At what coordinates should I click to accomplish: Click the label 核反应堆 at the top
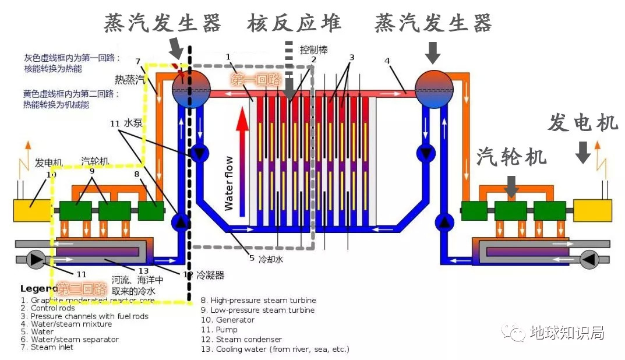point(294,23)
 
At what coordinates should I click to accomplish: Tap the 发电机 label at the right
point(582,123)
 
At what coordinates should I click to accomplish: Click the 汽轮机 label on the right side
point(512,156)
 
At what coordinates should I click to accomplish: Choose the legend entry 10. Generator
point(227,320)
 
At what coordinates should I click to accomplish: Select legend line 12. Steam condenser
point(241,339)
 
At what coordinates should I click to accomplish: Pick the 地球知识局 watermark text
point(566,333)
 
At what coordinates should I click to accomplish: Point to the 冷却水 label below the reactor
point(271,260)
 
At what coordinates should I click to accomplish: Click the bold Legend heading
point(39,288)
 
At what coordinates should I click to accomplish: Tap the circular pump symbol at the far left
point(37,259)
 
